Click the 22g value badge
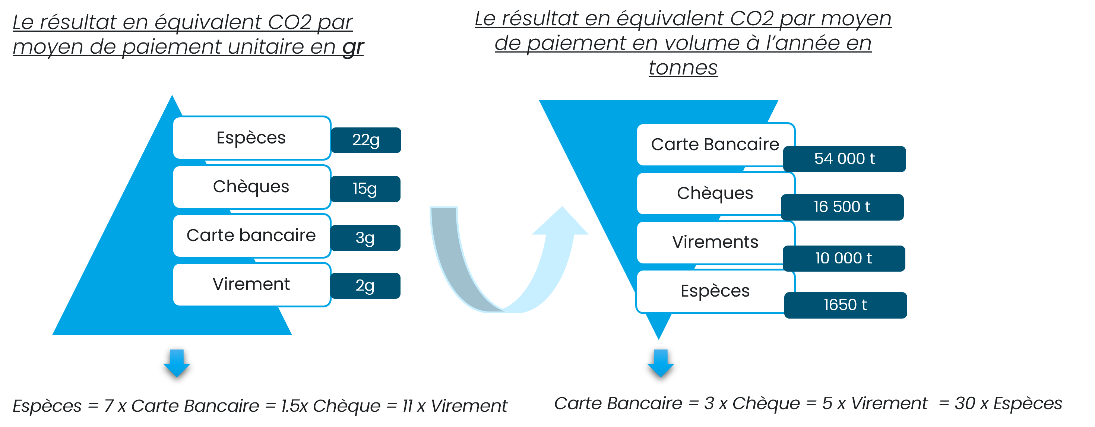(x=366, y=140)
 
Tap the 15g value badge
(x=365, y=189)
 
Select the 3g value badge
(x=365, y=238)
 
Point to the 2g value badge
(x=365, y=285)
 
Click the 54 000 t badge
(x=844, y=159)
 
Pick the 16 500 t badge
(x=842, y=207)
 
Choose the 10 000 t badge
(x=844, y=258)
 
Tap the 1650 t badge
(x=845, y=305)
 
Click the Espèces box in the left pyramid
(x=251, y=138)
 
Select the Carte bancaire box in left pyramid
(x=251, y=235)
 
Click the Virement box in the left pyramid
(x=251, y=284)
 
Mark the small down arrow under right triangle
(x=661, y=363)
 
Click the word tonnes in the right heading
(x=683, y=67)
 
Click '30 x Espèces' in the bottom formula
(x=1008, y=403)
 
